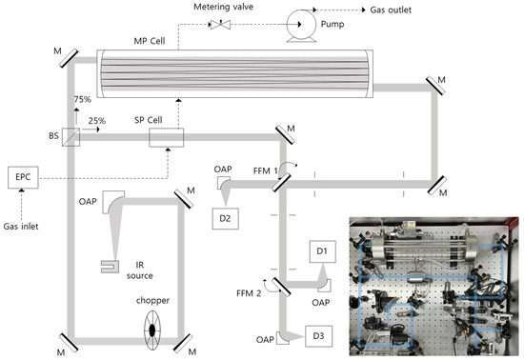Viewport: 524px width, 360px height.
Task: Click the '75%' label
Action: tap(83, 99)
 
